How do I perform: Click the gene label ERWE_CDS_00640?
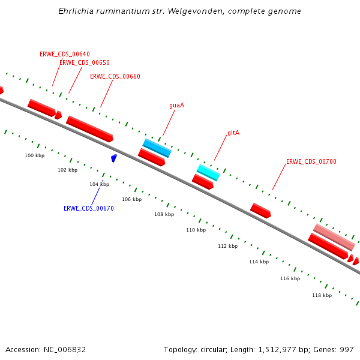click(x=65, y=54)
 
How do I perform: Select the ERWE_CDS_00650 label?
click(x=85, y=62)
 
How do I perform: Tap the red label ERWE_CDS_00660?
click(x=115, y=76)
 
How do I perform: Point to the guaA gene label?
click(x=176, y=105)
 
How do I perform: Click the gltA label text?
click(x=233, y=133)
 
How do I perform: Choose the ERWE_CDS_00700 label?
click(x=311, y=161)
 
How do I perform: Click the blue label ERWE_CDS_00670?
click(x=89, y=208)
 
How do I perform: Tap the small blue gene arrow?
click(x=114, y=158)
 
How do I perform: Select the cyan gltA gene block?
click(x=208, y=172)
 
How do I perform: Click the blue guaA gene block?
click(x=157, y=148)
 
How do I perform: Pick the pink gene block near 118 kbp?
click(x=334, y=237)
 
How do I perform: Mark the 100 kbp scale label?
click(x=34, y=155)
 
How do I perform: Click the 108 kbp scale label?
click(x=164, y=214)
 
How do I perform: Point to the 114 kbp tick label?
click(x=259, y=262)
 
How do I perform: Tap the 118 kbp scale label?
click(x=322, y=295)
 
